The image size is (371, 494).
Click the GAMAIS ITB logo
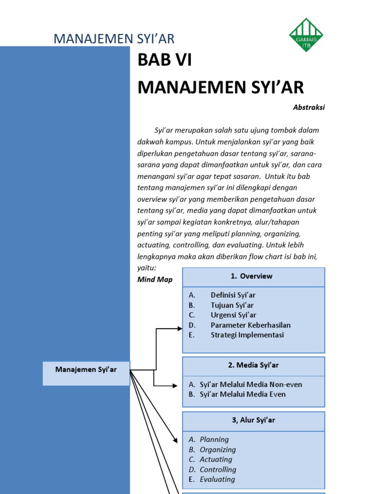pyautogui.click(x=306, y=35)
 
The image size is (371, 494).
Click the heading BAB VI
pyautogui.click(x=161, y=61)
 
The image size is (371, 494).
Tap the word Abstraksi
pyautogui.click(x=309, y=108)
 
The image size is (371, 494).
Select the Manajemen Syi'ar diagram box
pyautogui.click(x=86, y=373)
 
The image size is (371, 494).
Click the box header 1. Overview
pyautogui.click(x=253, y=276)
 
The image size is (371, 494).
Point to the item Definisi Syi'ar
pyautogui.click(x=233, y=295)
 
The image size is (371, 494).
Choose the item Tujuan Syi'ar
pyautogui.click(x=232, y=305)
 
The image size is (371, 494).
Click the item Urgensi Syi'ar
pyautogui.click(x=233, y=315)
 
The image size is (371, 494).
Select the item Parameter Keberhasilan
pyautogui.click(x=250, y=325)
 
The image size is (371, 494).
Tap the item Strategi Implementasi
pyautogui.click(x=247, y=335)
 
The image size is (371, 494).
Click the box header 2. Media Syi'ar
pyautogui.click(x=253, y=366)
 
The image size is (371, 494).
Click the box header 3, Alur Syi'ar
pyautogui.click(x=253, y=420)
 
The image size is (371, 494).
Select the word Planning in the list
pyautogui.click(x=214, y=439)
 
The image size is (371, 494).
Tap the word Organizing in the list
pyautogui.click(x=217, y=450)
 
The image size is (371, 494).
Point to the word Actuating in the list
pyautogui.click(x=215, y=459)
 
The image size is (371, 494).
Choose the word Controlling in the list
pyautogui.click(x=218, y=469)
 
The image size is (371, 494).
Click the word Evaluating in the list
pyautogui.click(x=217, y=480)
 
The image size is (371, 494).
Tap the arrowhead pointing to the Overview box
pyautogui.click(x=179, y=329)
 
